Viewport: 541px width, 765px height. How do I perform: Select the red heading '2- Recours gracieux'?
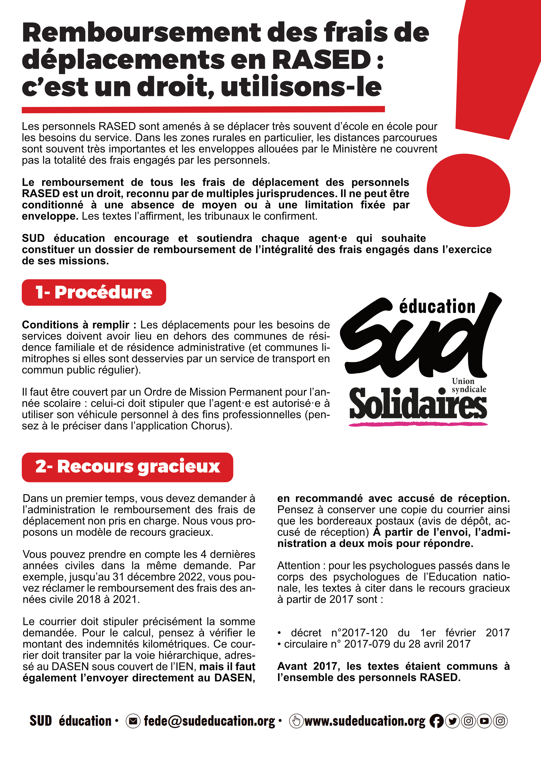(x=127, y=467)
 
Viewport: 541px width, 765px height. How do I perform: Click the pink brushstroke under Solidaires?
(x=418, y=424)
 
